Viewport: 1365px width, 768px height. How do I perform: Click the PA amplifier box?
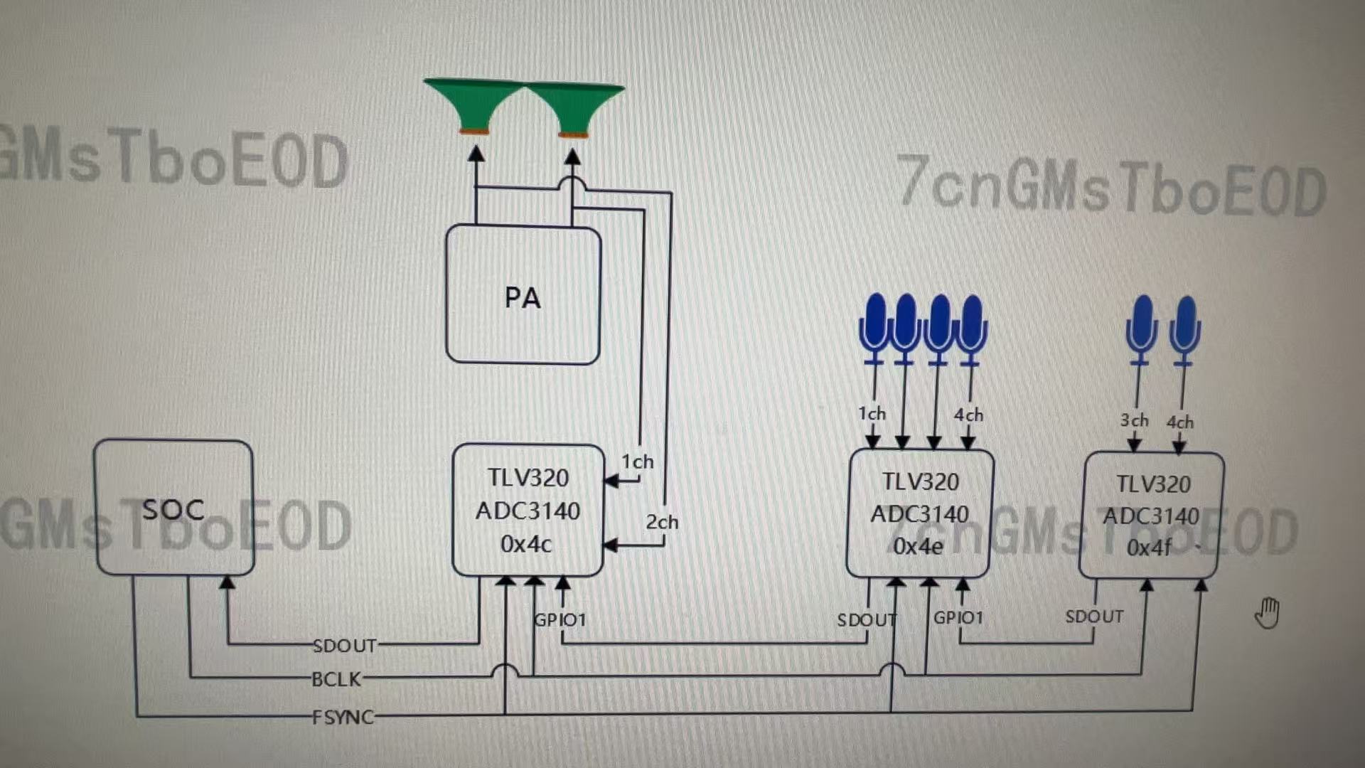523,295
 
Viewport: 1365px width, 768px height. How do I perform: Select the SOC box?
173,508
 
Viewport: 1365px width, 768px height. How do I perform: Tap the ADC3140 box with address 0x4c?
528,510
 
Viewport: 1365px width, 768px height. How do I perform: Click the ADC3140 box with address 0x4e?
919,513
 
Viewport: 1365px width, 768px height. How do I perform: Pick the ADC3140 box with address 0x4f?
1151,516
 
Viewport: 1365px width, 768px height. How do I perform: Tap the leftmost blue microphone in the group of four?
874,327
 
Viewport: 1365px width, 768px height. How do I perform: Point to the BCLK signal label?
336,679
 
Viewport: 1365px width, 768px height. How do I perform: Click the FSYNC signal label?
343,717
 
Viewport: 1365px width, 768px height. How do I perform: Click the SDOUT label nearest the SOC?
345,646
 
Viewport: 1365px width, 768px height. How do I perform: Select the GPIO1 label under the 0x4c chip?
560,620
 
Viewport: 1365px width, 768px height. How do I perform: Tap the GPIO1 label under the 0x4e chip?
958,617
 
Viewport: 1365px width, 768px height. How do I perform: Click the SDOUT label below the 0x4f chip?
1094,617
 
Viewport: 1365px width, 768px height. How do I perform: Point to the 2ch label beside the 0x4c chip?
662,522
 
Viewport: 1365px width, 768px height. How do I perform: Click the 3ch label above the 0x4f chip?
1134,420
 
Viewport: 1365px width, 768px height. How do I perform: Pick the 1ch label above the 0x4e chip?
872,413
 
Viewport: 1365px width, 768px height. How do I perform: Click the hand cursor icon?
1267,613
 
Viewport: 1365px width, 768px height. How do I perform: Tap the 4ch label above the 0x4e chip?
968,415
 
